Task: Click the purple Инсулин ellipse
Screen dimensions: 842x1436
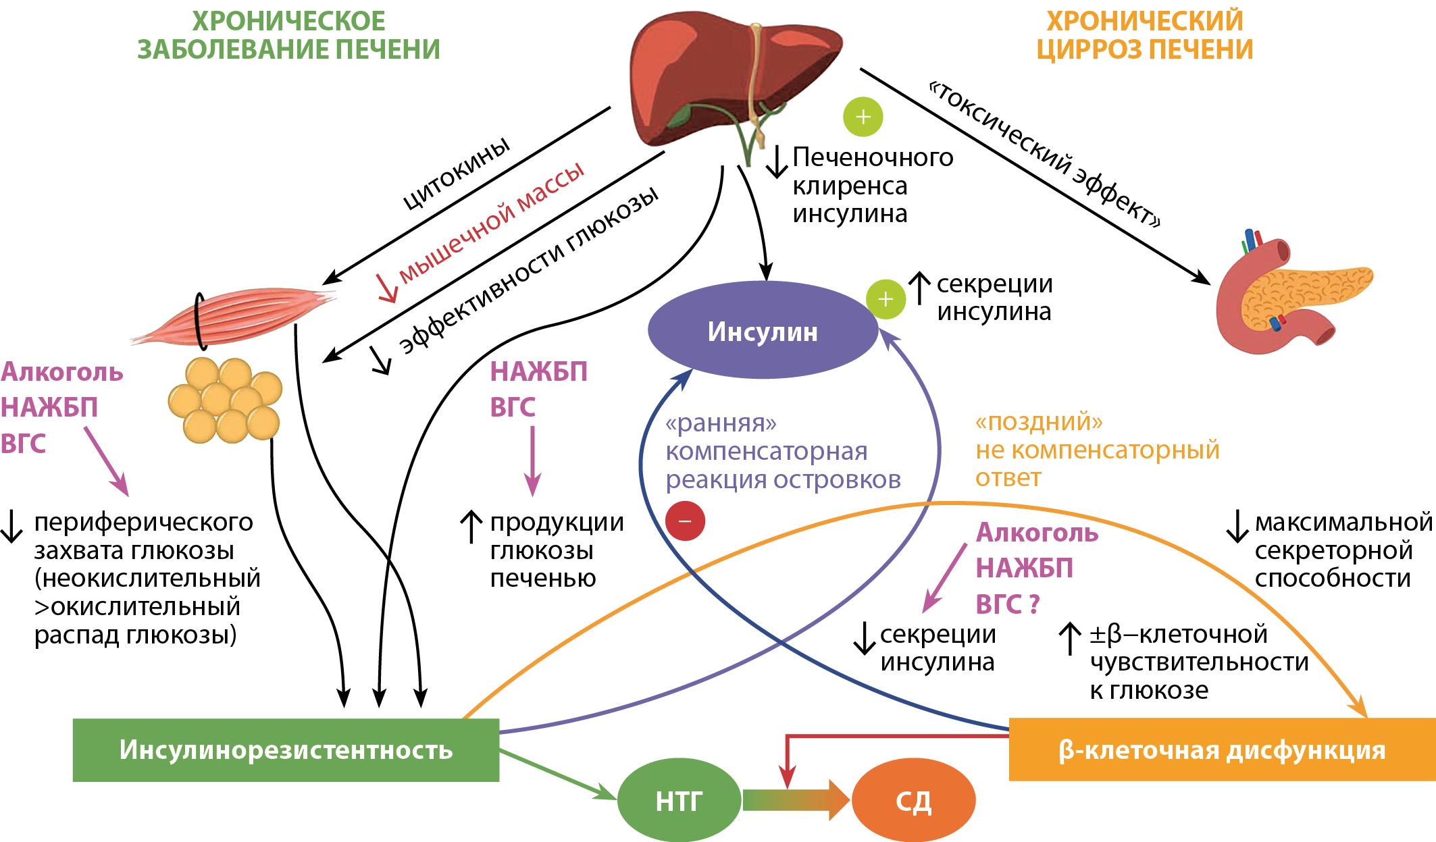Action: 763,331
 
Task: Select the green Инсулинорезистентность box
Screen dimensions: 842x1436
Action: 286,749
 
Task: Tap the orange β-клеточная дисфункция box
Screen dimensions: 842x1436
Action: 1221,749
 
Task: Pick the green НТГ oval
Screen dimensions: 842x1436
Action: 679,801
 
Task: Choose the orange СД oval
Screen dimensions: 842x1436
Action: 913,801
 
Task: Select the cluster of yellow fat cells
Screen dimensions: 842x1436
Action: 225,401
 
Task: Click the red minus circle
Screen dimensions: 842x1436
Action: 685,521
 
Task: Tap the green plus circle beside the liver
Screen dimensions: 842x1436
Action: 863,117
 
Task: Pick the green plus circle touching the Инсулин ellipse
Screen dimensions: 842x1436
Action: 886,299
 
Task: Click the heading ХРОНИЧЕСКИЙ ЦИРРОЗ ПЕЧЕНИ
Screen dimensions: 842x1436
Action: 1145,35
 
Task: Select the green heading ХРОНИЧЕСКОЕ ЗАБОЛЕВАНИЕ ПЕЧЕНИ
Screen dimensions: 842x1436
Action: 288,35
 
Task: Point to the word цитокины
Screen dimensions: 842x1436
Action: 457,173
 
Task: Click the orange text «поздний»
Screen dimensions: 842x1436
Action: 1039,422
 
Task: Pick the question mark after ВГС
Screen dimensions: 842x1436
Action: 1033,604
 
